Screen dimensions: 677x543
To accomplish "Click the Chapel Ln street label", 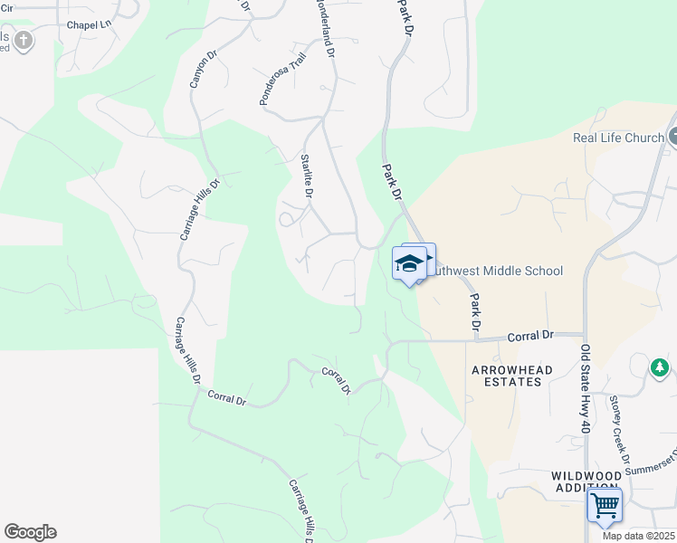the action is (89, 24).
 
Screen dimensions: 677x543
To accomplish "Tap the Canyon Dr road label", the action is (204, 69).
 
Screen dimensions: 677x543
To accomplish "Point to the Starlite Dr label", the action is (306, 176).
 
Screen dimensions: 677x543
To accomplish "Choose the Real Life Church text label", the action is (619, 138).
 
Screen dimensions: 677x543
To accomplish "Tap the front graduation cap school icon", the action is (409, 264).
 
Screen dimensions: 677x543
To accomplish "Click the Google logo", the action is (30, 532).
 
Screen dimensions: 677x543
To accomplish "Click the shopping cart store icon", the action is (604, 504).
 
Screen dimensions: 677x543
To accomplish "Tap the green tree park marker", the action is (660, 367).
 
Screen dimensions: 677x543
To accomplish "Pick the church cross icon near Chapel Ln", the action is (23, 40).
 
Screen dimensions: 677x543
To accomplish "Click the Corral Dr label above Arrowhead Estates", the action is (530, 336).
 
